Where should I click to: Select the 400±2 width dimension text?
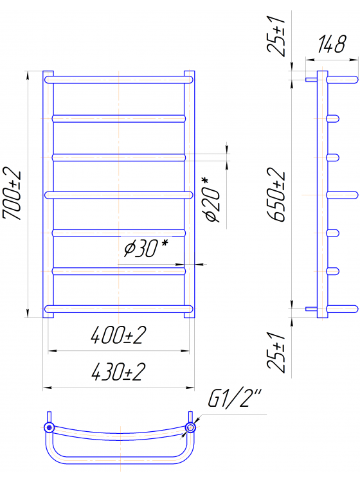pos(119,335)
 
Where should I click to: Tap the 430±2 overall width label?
pos(119,371)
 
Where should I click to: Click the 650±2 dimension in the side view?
pos(278,195)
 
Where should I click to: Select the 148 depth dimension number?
pos(331,46)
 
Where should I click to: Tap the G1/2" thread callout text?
pos(234,399)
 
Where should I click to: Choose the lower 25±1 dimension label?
pos(279,351)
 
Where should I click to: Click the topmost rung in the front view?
pos(119,79)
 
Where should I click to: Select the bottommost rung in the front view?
pos(119,309)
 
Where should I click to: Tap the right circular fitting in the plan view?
pos(190,428)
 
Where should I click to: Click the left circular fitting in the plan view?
pos(48,428)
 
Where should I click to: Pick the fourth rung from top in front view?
pos(119,194)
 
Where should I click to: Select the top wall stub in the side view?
pos(311,79)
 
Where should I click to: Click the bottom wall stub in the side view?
pos(311,309)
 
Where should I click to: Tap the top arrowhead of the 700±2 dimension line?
pos(28,75)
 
